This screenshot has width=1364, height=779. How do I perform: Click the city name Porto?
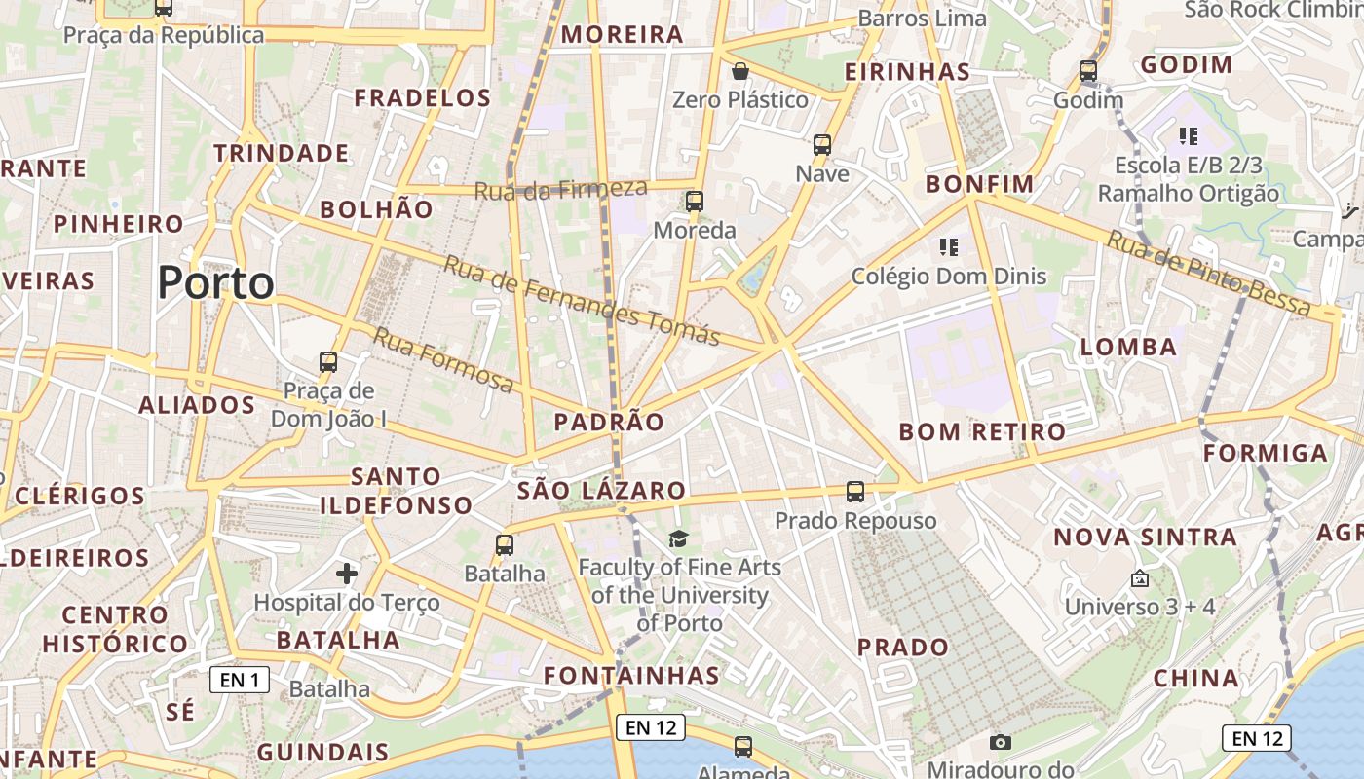pyautogui.click(x=215, y=283)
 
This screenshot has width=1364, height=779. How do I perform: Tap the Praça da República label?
pyautogui.click(x=164, y=35)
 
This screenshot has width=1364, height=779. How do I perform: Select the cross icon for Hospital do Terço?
pyautogui.click(x=347, y=574)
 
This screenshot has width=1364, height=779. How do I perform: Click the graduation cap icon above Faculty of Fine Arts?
pyautogui.click(x=678, y=538)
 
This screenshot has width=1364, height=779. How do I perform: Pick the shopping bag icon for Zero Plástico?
pyautogui.click(x=740, y=71)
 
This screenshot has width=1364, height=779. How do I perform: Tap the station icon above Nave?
pyautogui.click(x=822, y=145)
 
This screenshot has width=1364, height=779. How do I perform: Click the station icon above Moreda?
pyautogui.click(x=695, y=202)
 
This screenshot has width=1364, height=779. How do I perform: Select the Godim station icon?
pyautogui.click(x=1088, y=71)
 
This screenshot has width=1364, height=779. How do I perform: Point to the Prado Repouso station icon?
pyautogui.click(x=855, y=492)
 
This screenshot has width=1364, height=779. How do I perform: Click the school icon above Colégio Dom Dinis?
pyautogui.click(x=949, y=247)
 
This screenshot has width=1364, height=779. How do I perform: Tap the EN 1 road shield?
pyautogui.click(x=240, y=680)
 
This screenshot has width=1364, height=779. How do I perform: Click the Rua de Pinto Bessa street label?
pyautogui.click(x=1209, y=274)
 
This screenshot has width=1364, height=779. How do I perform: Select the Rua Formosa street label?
pyautogui.click(x=443, y=361)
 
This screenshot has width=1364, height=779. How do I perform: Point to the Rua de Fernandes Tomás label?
pyautogui.click(x=582, y=300)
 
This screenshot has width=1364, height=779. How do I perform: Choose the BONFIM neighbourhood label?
pyautogui.click(x=979, y=184)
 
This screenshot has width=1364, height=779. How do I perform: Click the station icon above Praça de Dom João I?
pyautogui.click(x=328, y=362)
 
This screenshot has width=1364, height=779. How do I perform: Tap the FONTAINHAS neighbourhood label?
pyautogui.click(x=631, y=675)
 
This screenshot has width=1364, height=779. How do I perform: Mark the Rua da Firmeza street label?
pyautogui.click(x=560, y=190)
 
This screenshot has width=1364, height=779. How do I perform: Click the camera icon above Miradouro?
pyautogui.click(x=1001, y=743)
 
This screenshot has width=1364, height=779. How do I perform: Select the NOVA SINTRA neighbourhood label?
pyautogui.click(x=1145, y=537)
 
